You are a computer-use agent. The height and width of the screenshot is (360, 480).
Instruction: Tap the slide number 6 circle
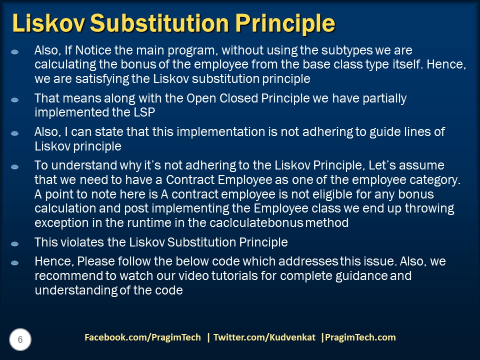click(x=20, y=340)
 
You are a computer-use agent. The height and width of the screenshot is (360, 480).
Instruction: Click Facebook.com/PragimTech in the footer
click(x=142, y=337)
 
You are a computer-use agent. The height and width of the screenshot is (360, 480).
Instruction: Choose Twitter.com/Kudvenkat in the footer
click(x=264, y=337)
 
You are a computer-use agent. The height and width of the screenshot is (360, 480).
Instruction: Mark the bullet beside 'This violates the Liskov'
click(x=15, y=243)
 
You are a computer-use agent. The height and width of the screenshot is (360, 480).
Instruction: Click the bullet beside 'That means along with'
click(x=15, y=99)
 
